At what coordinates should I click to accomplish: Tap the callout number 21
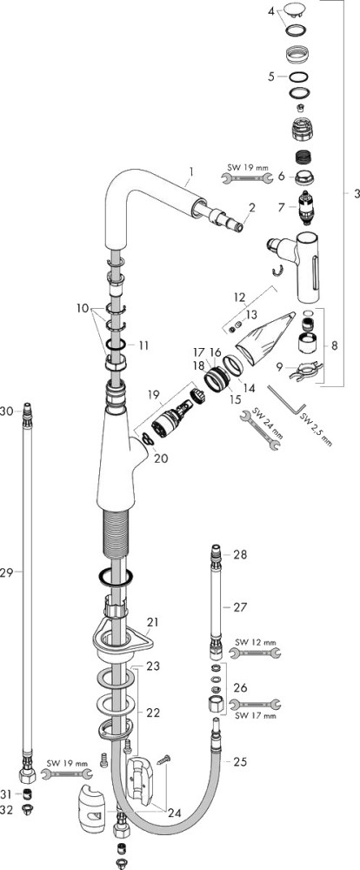[x=152, y=622]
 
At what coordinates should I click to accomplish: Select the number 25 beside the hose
[x=240, y=762]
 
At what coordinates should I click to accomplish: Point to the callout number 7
[x=282, y=206]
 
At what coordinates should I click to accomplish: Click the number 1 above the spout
[x=190, y=172]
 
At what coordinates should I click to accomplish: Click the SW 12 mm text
[x=255, y=643]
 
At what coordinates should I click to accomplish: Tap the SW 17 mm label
[x=255, y=716]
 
